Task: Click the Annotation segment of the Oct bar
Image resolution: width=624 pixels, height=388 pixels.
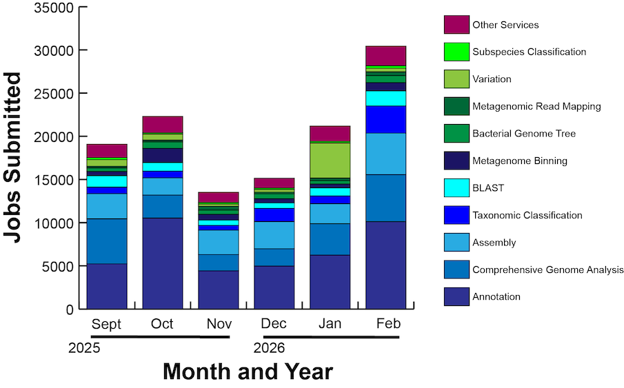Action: pyautogui.click(x=163, y=263)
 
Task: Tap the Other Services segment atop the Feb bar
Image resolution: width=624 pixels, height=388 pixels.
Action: pyautogui.click(x=386, y=55)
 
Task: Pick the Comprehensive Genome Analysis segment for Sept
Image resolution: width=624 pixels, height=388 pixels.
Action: pyautogui.click(x=107, y=241)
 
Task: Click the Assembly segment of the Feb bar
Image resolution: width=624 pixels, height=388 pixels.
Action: pyautogui.click(x=386, y=154)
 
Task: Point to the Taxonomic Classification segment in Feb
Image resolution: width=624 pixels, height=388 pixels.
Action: pyautogui.click(x=386, y=119)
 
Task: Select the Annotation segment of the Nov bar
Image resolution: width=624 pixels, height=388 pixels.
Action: pyautogui.click(x=219, y=289)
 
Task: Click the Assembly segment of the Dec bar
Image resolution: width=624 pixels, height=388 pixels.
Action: pyautogui.click(x=274, y=235)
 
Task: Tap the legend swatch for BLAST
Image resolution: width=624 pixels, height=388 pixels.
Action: pyautogui.click(x=456, y=187)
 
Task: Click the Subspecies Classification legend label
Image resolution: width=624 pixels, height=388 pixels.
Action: pyautogui.click(x=529, y=52)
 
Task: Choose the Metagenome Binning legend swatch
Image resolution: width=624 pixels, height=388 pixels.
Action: pyautogui.click(x=456, y=161)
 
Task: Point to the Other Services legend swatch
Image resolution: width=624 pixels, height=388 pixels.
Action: pyautogui.click(x=456, y=25)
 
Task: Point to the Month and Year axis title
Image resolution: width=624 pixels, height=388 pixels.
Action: pyautogui.click(x=248, y=372)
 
